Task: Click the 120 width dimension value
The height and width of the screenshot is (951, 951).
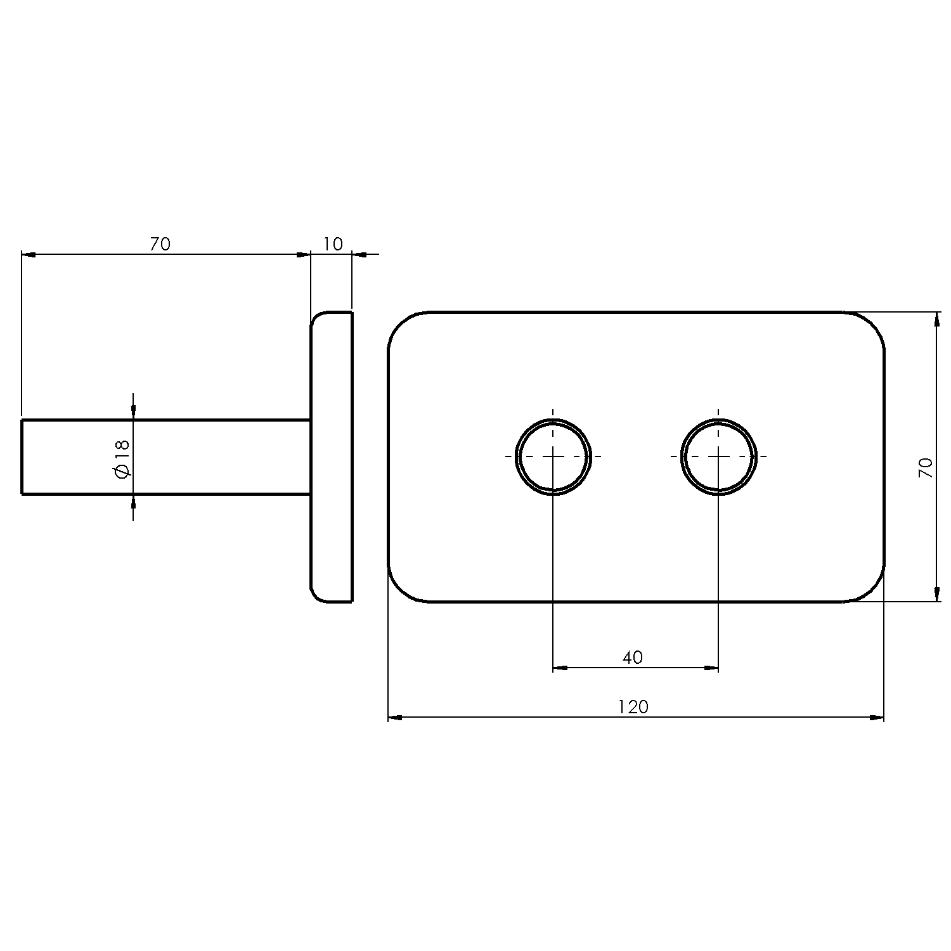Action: (x=633, y=706)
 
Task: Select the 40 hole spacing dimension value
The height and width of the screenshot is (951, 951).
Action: (x=632, y=657)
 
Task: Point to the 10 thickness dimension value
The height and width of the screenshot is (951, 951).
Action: (x=332, y=243)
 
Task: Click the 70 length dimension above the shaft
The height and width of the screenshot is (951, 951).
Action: (x=160, y=243)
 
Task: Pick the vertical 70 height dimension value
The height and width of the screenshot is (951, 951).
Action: (x=926, y=467)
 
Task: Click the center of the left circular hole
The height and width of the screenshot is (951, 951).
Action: (x=553, y=456)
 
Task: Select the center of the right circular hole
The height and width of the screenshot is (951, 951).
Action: (x=718, y=456)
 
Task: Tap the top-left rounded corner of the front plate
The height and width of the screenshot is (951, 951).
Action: (x=400, y=324)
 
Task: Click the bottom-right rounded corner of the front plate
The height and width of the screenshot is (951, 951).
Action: (x=872, y=590)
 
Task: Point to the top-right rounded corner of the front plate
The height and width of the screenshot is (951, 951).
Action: (x=872, y=324)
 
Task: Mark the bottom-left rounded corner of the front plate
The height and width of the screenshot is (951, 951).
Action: (x=400, y=590)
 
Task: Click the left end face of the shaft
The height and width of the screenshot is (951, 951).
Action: (x=22, y=456)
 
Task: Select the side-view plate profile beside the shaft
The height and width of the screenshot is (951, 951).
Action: (x=332, y=456)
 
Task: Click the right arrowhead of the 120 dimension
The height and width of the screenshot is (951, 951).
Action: (x=876, y=718)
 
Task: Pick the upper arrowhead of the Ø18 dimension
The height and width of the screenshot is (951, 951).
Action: (x=133, y=411)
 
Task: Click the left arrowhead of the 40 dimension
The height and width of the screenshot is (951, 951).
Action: (x=560, y=667)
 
